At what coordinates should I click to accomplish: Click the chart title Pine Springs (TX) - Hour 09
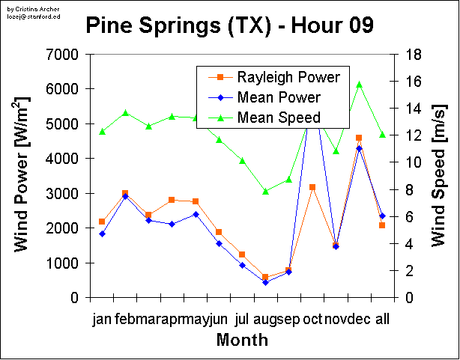pyautogui.click(x=229, y=26)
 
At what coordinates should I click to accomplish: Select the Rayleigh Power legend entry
pyautogui.click(x=288, y=77)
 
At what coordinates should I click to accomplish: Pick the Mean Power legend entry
pyautogui.click(x=279, y=97)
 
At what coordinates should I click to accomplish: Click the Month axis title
pyautogui.click(x=243, y=341)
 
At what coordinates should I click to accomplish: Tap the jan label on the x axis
pyautogui.click(x=101, y=320)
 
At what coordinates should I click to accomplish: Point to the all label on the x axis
pyautogui.click(x=382, y=320)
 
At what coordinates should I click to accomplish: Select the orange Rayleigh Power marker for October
pyautogui.click(x=312, y=186)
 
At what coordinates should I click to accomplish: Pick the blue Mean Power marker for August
pyautogui.click(x=265, y=282)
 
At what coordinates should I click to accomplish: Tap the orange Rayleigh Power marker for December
pyautogui.click(x=359, y=138)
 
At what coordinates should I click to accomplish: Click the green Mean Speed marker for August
pyautogui.click(x=265, y=191)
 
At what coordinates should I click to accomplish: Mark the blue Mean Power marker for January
pyautogui.click(x=102, y=234)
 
